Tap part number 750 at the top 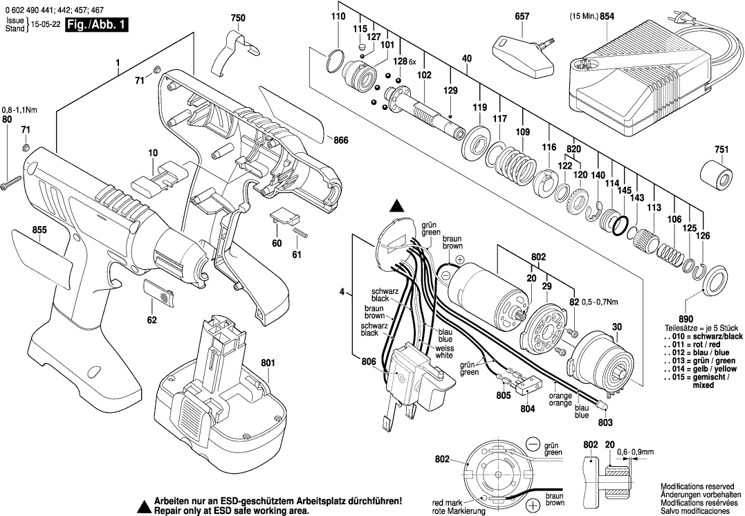click(x=237, y=18)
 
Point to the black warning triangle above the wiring click(x=397, y=205)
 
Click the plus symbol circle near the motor click(x=460, y=258)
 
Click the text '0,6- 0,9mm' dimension click(x=636, y=452)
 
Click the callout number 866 click(x=340, y=140)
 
